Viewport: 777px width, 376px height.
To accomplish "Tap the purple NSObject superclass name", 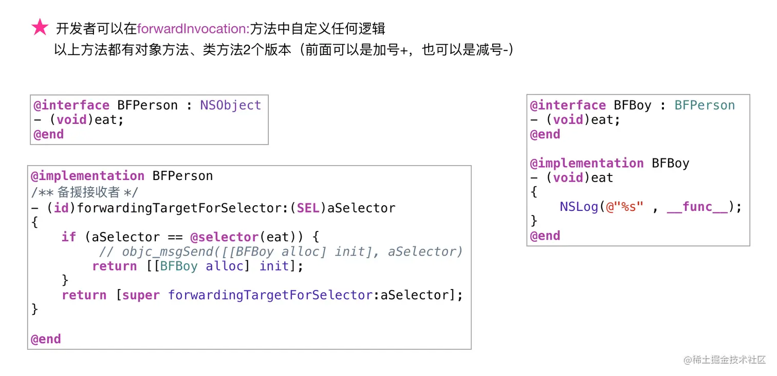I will (x=231, y=105).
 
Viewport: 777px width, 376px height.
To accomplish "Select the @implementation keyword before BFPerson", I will (x=87, y=176).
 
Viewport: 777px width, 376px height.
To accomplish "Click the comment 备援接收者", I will (x=88, y=192).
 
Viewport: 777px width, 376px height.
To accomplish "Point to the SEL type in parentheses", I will (x=308, y=208).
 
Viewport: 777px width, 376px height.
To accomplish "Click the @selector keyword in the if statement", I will (x=224, y=237).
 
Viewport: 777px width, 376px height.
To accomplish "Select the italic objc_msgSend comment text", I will (x=281, y=252).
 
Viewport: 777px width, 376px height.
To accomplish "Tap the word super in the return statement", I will (x=141, y=295).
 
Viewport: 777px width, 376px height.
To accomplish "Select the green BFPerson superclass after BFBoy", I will (x=705, y=105).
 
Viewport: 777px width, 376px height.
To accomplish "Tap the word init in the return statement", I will (x=274, y=266).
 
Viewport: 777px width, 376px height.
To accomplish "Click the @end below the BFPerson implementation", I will (x=46, y=339).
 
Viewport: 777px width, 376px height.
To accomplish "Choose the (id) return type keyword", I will (x=62, y=208).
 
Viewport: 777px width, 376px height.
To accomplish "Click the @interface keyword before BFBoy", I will (x=568, y=105).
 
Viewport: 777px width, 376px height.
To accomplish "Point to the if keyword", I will (x=68, y=237).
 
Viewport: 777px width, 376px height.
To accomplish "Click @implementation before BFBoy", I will (x=587, y=163).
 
